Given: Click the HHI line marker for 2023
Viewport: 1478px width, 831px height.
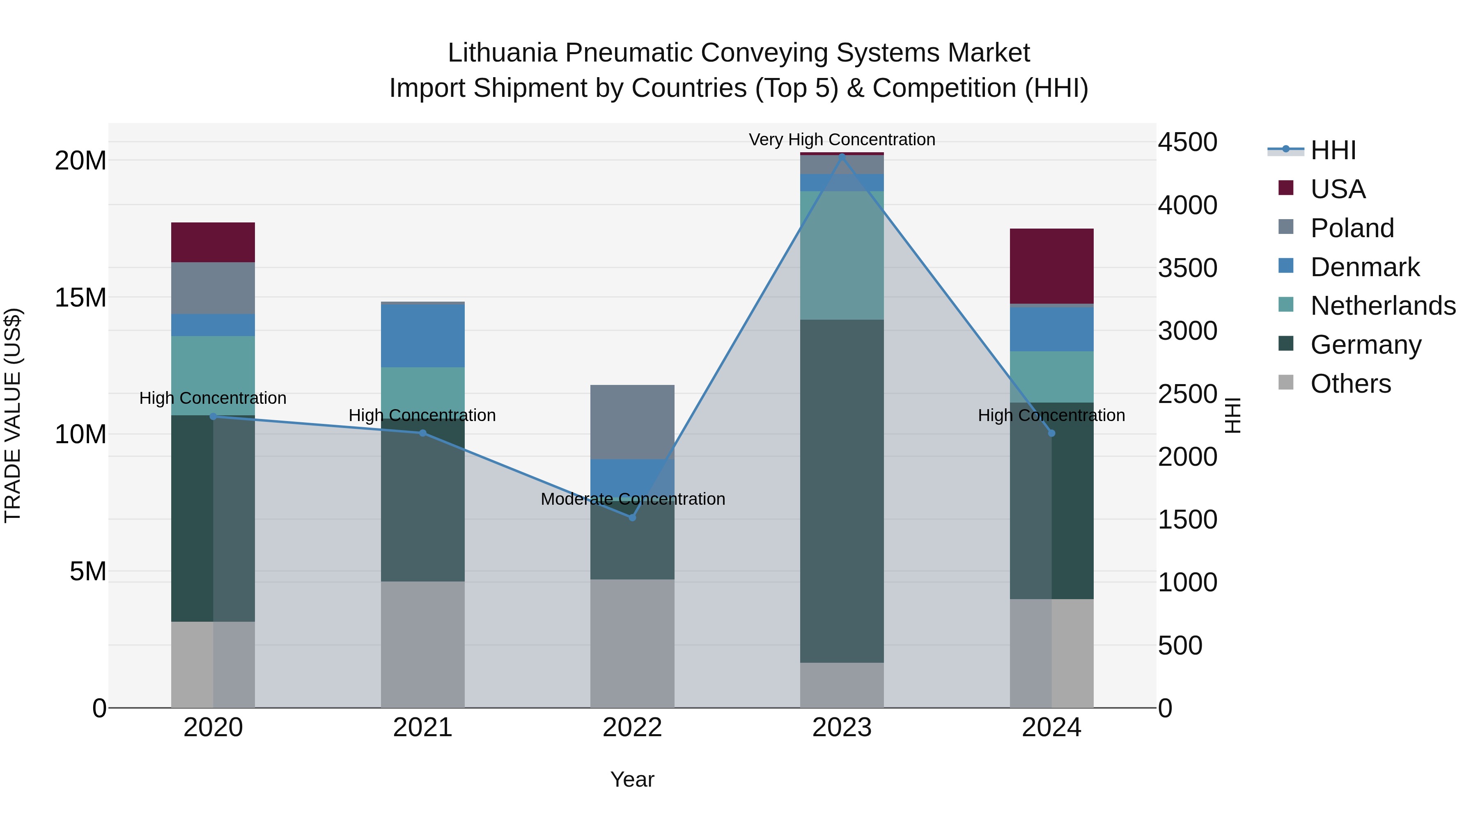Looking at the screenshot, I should pos(842,156).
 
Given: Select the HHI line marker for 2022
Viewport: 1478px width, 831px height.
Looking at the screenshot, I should pos(632,517).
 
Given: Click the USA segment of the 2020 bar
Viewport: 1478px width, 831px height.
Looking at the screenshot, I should pos(213,242).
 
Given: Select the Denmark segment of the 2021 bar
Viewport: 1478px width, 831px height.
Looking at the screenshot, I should pos(422,336).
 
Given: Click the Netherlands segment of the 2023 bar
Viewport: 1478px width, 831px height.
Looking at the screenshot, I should pos(842,255).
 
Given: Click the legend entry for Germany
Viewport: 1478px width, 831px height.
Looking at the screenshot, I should pos(1366,345).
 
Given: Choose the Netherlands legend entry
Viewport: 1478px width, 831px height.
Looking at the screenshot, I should pos(1383,306).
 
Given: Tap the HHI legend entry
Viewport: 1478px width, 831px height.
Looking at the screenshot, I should pos(1333,150).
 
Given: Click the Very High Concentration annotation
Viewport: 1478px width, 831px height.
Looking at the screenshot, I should pos(842,140).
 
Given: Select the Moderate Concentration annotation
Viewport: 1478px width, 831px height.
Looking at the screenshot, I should pos(632,499).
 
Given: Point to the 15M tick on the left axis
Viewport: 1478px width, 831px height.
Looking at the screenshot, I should pos(80,298).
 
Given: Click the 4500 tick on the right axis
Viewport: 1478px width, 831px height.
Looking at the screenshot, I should pos(1187,142).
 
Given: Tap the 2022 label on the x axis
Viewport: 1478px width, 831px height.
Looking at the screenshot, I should pos(632,728).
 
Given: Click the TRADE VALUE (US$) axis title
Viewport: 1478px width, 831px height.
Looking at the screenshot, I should pos(13,415).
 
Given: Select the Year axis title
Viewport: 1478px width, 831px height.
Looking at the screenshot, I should pos(632,779).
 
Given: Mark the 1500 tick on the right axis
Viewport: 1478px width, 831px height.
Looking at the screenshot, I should pos(1187,520).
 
